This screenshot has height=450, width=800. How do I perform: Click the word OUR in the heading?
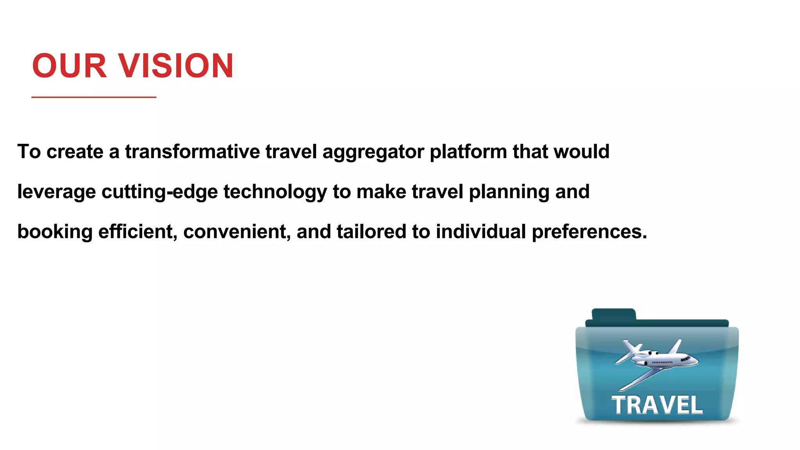pos(69,66)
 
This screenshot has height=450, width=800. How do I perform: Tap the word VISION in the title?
pos(175,66)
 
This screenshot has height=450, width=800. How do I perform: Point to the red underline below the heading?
pos(94,97)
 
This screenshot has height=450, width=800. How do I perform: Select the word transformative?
pos(192,152)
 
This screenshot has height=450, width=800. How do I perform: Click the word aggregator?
pos(373,152)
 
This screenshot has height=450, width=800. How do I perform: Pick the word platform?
pos(468,152)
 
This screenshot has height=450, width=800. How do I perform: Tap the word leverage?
pos(57,192)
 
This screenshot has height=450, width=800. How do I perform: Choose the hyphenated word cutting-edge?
pos(159,192)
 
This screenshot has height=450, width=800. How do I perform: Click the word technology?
pos(275,192)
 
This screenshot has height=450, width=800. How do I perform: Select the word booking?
pos(55,232)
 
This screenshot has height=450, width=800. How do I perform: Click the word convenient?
pos(237,232)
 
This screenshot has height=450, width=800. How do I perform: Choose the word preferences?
pos(589,232)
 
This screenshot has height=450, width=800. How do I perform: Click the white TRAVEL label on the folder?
pos(657,405)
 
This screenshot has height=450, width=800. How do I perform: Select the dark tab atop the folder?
pos(613,315)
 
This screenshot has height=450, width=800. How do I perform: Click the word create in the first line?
pos(75,152)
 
